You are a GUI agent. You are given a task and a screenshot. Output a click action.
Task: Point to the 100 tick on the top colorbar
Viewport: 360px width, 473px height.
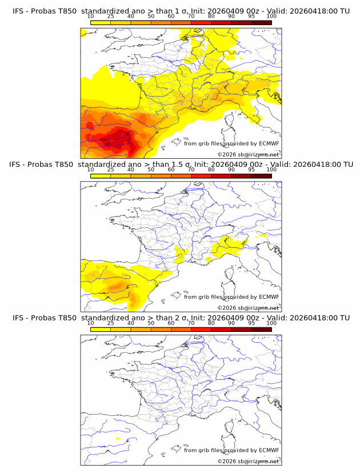(271, 17)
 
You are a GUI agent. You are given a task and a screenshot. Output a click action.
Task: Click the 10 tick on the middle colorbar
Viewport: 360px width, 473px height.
(91, 170)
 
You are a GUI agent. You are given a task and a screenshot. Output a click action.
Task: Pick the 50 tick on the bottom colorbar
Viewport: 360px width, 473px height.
(151, 323)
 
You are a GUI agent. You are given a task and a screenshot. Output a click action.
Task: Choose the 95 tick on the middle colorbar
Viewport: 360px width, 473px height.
(251, 170)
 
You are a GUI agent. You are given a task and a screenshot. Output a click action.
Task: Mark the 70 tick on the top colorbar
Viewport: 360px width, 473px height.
(191, 17)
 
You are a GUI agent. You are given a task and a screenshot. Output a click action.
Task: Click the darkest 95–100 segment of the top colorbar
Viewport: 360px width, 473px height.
(261, 22)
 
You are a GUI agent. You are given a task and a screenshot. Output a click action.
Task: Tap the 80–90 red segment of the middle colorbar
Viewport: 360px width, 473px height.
(221, 175)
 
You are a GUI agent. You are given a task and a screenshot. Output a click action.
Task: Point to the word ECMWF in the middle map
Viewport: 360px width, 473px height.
(269, 297)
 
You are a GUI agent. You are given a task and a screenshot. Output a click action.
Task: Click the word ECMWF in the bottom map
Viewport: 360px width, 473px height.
(269, 450)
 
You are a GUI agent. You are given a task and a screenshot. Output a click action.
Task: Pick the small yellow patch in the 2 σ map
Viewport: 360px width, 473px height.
(118, 438)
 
